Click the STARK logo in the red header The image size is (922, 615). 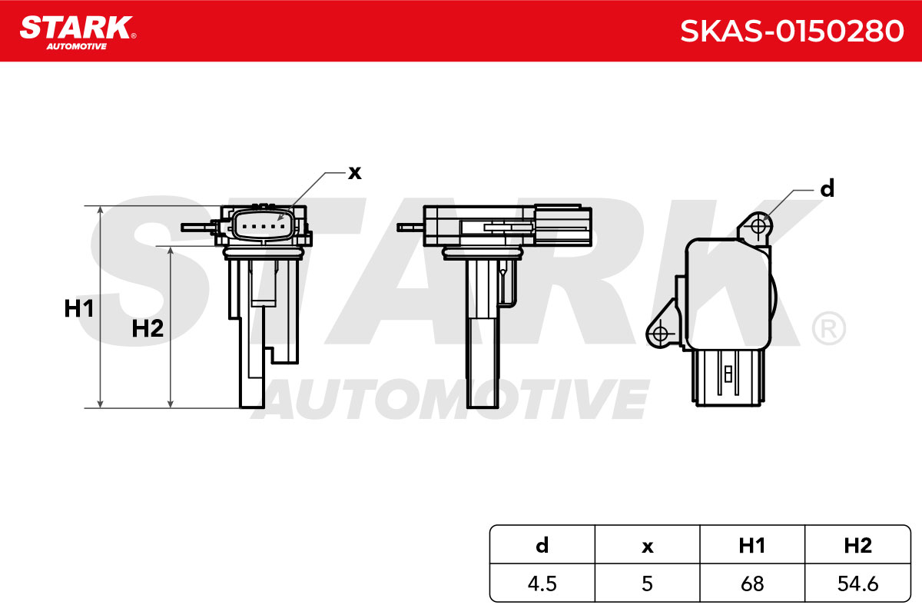(78, 32)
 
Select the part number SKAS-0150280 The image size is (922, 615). (792, 32)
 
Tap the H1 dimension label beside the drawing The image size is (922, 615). (79, 308)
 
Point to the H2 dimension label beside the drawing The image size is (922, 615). (148, 328)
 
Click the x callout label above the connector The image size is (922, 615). (354, 173)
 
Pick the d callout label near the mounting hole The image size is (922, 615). (827, 188)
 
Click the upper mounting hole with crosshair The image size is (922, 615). (758, 226)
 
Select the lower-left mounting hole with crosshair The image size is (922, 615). (660, 334)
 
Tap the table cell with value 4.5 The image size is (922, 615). (542, 583)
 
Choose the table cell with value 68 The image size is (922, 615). (752, 583)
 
